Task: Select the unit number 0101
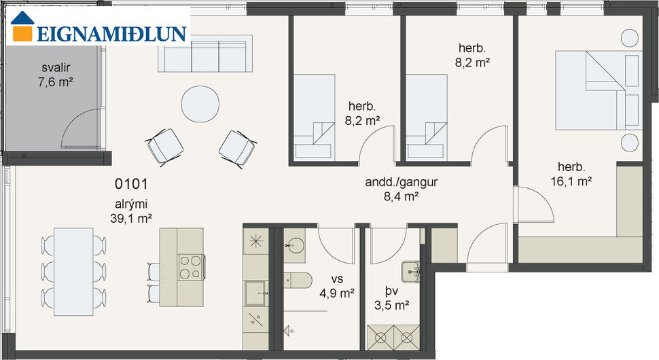131,183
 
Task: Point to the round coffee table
200,104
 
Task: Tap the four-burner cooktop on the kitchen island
191,266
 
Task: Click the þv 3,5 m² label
393,300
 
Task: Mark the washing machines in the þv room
393,337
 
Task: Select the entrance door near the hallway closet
486,245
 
